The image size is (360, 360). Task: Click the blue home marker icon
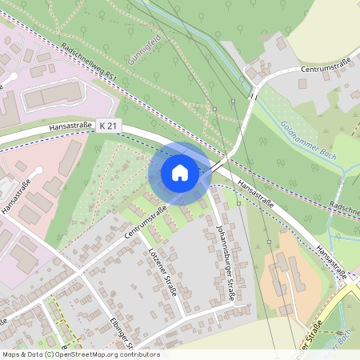(180, 173)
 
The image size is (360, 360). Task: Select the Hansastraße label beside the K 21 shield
(70, 126)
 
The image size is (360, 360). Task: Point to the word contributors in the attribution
(138, 354)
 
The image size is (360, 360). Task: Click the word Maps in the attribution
(11, 354)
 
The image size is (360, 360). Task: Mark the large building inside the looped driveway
(53, 96)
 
